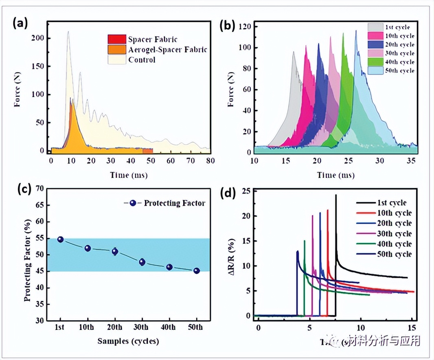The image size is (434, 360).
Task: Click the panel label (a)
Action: click(x=20, y=24)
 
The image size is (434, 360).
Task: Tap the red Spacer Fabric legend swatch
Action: click(x=116, y=39)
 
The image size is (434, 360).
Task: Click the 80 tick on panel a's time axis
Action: click(x=210, y=161)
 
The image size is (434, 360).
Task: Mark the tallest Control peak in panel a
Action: click(x=68, y=31)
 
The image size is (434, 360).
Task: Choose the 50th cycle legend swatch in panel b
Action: click(x=374, y=70)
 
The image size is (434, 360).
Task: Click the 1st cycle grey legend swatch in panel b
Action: click(x=374, y=27)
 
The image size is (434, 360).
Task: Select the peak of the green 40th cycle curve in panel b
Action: click(x=343, y=33)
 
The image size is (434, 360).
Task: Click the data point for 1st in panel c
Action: click(x=60, y=239)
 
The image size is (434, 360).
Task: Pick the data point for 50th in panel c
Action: click(x=196, y=271)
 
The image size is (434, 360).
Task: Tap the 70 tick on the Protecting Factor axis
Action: click(x=40, y=189)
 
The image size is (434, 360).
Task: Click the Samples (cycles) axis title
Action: click(x=128, y=341)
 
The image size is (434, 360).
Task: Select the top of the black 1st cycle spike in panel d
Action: click(x=336, y=195)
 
